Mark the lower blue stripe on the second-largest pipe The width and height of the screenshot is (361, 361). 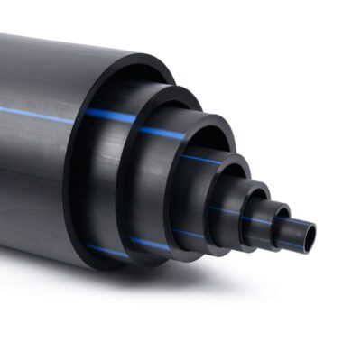(150, 244)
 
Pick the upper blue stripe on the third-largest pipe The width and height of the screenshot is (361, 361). (162, 134)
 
